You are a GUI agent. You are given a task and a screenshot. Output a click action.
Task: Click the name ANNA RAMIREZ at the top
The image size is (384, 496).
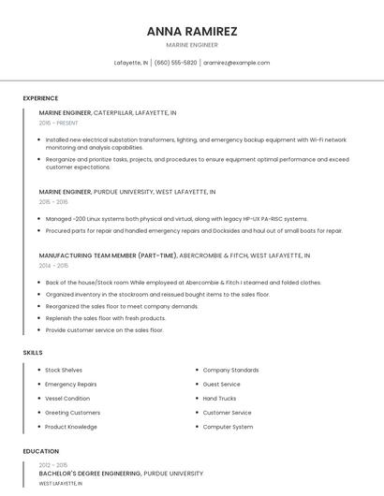point(192,31)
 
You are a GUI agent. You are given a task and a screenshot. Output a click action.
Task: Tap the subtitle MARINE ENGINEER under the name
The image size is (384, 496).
point(192,45)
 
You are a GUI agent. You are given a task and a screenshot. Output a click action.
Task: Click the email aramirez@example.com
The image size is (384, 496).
point(237,63)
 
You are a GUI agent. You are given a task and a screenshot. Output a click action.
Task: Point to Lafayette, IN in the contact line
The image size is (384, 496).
point(131,63)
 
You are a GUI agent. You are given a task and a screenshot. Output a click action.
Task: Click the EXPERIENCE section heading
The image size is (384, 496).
point(40,98)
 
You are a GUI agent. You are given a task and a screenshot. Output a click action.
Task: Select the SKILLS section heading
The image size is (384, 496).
point(33,353)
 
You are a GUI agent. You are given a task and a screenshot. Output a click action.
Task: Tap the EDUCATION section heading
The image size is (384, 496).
point(40,451)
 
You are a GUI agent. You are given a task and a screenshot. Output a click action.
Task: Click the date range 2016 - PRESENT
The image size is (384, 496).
point(58,123)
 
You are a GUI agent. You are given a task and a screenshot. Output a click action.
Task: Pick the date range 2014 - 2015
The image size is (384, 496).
point(53,266)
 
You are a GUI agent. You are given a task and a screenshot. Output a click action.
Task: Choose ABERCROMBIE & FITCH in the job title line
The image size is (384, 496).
point(213,255)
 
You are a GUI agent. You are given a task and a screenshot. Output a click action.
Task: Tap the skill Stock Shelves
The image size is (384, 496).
point(64,371)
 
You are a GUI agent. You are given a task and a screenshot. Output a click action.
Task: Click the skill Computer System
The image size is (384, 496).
point(228,427)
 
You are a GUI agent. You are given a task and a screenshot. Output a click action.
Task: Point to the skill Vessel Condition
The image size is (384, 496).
point(67,399)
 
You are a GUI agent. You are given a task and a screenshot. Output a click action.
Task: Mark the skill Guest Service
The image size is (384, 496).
point(222,385)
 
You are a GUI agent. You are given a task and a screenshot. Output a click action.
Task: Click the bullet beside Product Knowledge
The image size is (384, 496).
point(38,427)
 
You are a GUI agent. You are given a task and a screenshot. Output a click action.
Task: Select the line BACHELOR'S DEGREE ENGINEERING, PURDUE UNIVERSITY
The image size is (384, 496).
point(121,474)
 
